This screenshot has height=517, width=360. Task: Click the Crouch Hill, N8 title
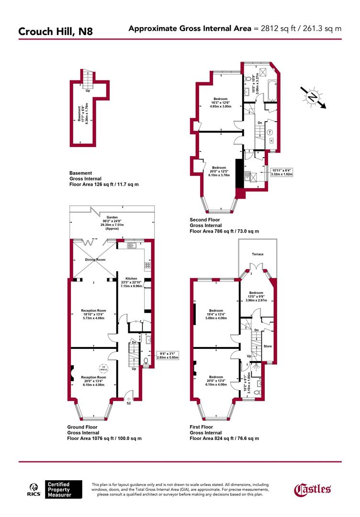56,32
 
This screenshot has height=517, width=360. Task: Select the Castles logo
312,489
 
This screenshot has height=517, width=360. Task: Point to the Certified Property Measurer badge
58,489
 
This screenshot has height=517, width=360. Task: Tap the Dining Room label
95,259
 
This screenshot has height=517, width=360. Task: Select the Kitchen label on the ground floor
131,279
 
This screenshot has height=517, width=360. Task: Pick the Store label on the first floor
268,346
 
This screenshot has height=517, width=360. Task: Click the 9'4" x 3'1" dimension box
168,355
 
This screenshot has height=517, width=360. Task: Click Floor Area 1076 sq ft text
104,438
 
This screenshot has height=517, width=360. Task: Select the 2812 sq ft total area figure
276,29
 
